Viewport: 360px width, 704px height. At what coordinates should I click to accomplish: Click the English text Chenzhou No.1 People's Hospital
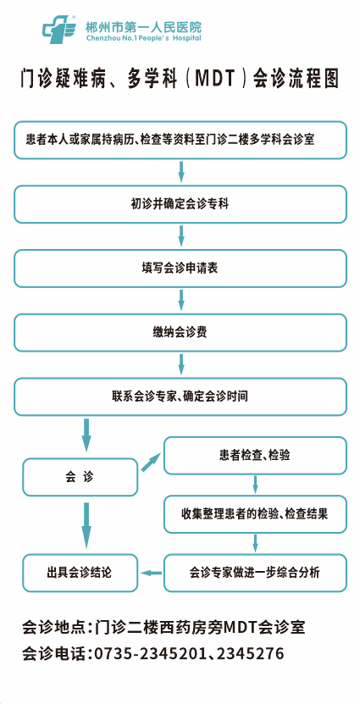(x=143, y=38)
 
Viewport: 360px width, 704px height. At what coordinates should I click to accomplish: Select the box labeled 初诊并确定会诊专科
(x=180, y=204)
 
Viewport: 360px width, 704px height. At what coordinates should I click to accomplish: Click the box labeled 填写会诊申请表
(x=180, y=269)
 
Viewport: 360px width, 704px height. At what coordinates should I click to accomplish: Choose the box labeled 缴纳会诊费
(x=180, y=333)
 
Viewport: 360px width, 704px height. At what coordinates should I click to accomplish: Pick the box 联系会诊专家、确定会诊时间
(x=180, y=396)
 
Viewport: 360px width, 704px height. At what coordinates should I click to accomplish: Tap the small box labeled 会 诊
(x=80, y=477)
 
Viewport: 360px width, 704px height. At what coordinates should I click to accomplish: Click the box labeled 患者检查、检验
(x=255, y=456)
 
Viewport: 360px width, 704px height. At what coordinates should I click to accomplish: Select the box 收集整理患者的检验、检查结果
(x=255, y=514)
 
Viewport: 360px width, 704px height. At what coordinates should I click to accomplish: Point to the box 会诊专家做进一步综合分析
(x=255, y=573)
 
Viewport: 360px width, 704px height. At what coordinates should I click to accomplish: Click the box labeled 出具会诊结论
(x=80, y=573)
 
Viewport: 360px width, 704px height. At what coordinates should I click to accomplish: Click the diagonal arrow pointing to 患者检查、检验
(x=151, y=462)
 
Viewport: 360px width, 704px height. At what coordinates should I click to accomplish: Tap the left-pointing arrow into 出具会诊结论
(x=151, y=573)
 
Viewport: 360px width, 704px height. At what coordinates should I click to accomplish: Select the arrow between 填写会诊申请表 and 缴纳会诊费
(x=181, y=301)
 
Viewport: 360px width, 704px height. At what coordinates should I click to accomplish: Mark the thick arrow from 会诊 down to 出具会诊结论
(x=86, y=525)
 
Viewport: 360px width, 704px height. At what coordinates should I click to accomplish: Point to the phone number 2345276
(x=251, y=653)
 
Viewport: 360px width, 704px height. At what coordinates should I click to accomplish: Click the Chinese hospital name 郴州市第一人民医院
(x=143, y=26)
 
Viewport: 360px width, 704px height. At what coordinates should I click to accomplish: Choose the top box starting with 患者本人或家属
(x=180, y=140)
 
